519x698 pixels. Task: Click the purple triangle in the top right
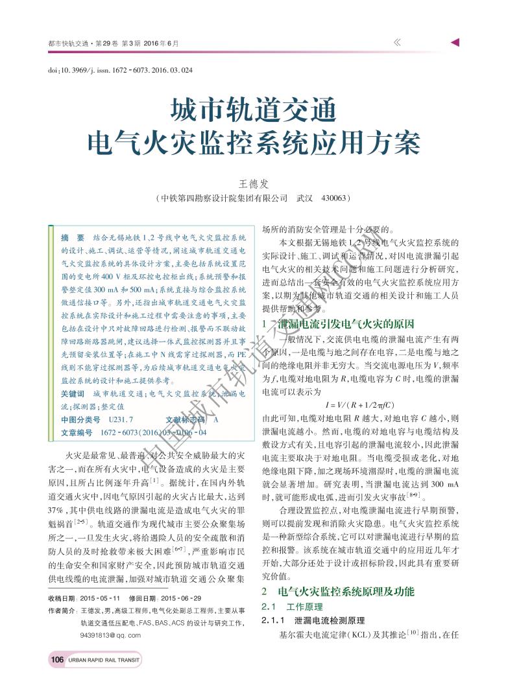pos(455,42)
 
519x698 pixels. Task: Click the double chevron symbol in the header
pos(397,42)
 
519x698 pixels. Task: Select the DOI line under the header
pos(121,69)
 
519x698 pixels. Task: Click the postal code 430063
pos(334,198)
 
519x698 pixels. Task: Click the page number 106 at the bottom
pos(57,660)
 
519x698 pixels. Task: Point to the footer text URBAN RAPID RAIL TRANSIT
pos(104,660)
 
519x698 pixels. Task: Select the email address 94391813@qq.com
pos(110,635)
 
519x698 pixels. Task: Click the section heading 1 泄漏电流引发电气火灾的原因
pos(337,324)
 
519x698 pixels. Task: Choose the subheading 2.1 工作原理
pos(291,607)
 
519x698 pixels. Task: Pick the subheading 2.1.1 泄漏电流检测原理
pos(312,621)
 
